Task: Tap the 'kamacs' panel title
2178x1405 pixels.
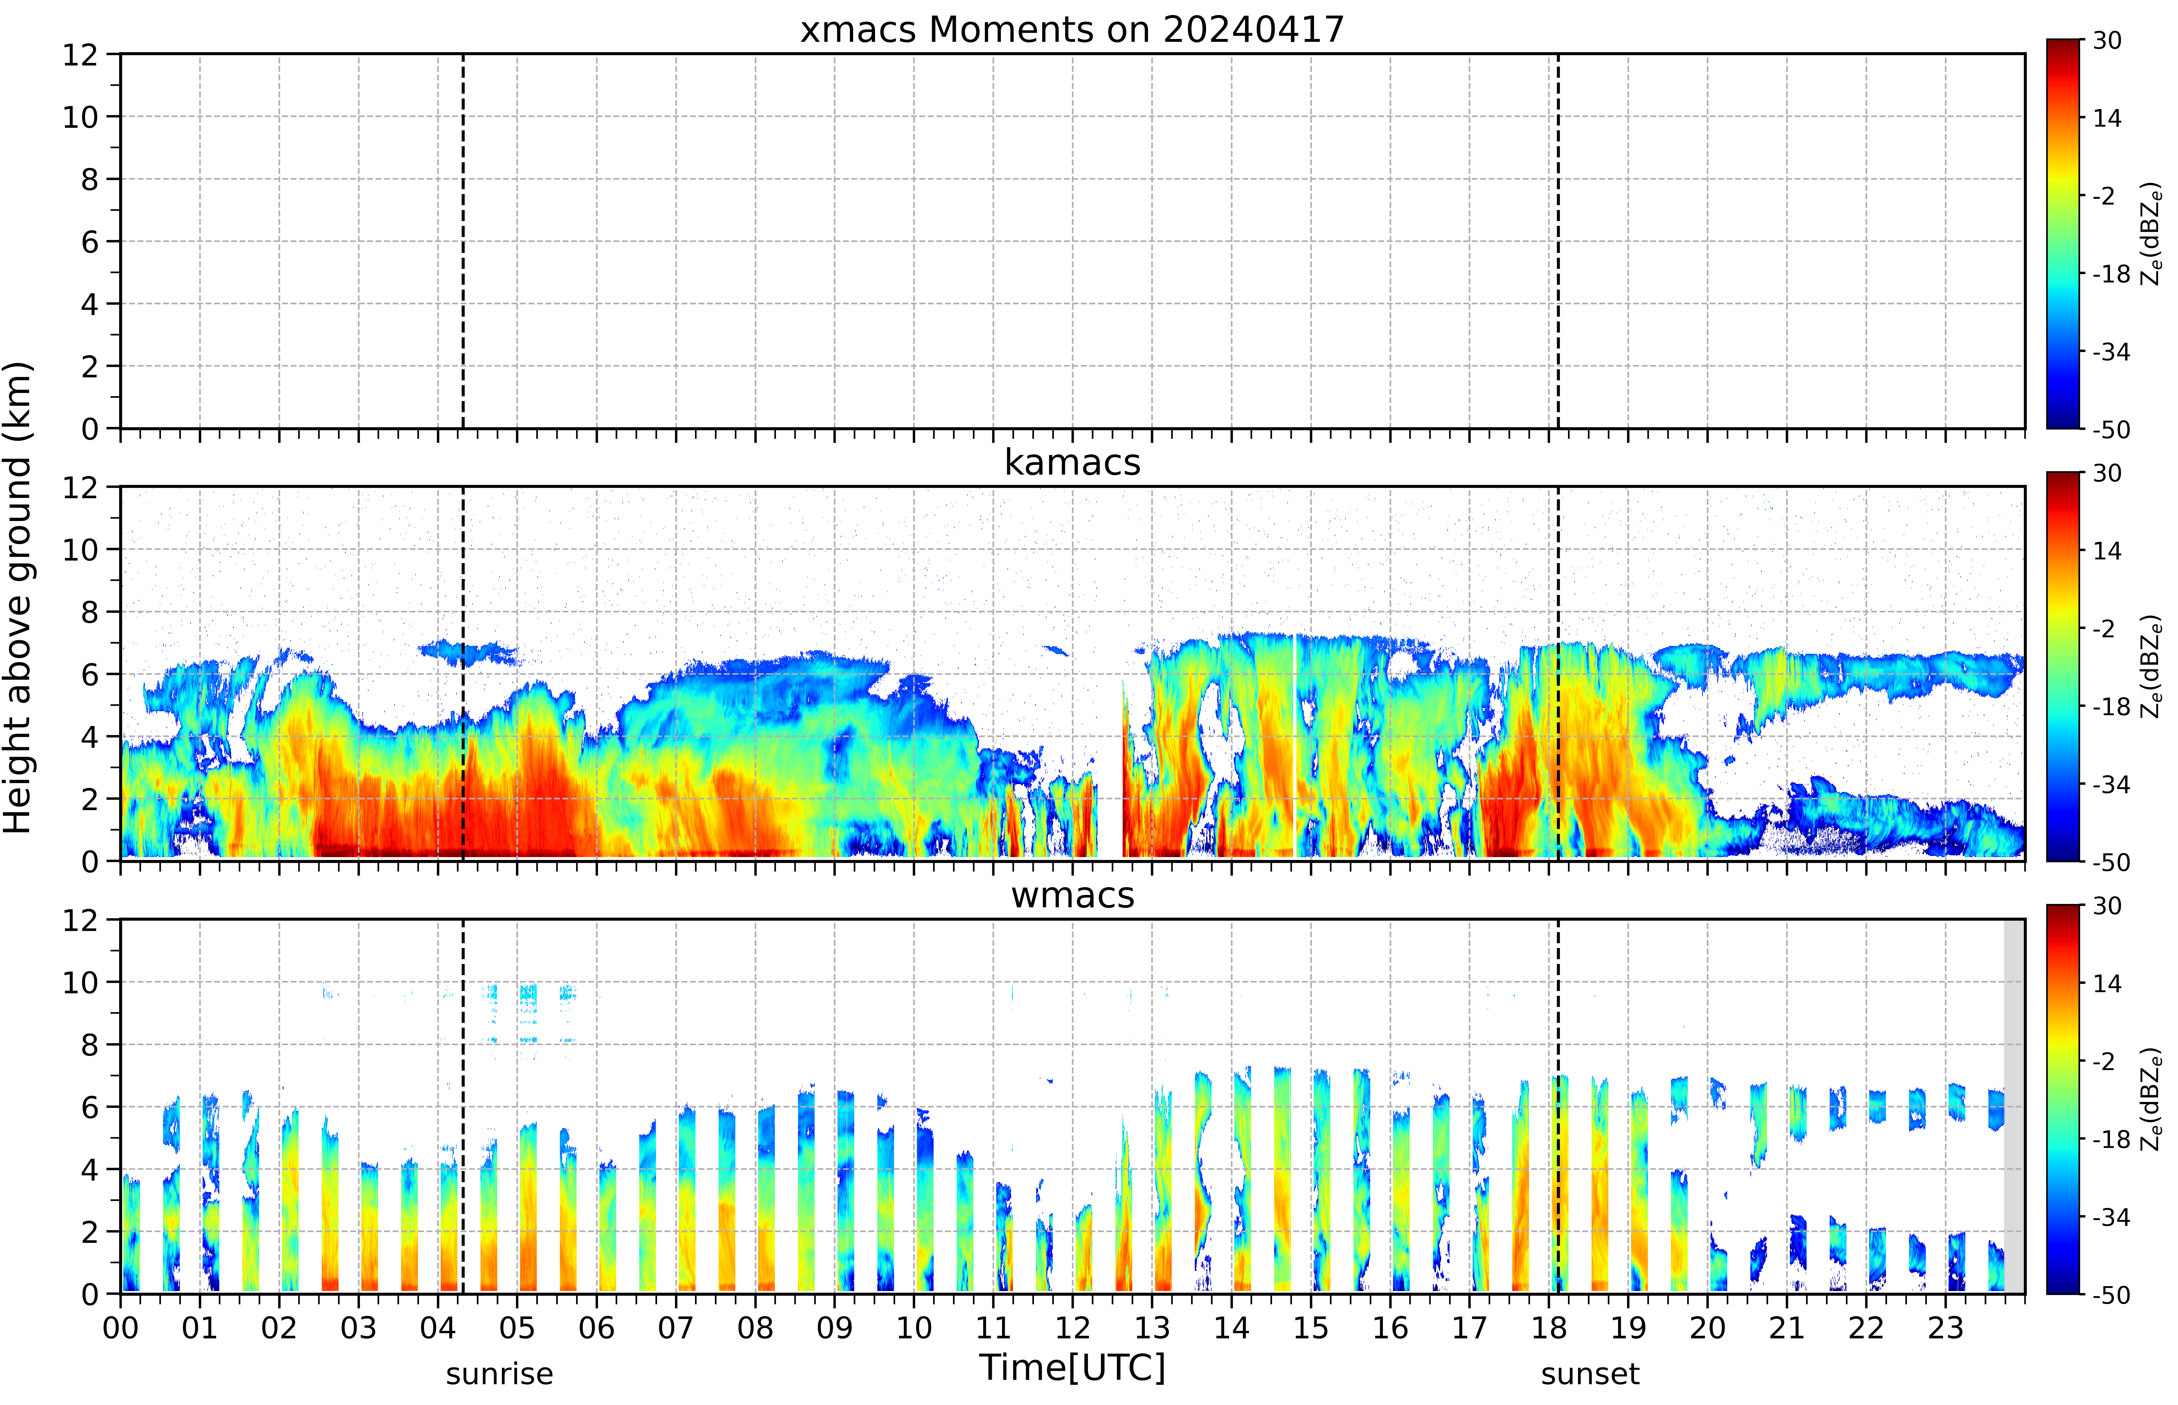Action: pyautogui.click(x=1072, y=462)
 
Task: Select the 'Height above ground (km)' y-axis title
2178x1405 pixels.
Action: pyautogui.click(x=18, y=597)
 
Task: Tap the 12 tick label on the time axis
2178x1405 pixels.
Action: pyautogui.click(x=1072, y=1327)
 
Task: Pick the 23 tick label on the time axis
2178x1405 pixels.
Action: pyautogui.click(x=1945, y=1327)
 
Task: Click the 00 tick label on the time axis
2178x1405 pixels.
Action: pyautogui.click(x=120, y=1327)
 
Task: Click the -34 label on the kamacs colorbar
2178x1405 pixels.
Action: pyautogui.click(x=2110, y=785)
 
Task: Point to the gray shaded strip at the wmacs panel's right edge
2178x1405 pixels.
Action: pyautogui.click(x=2014, y=1106)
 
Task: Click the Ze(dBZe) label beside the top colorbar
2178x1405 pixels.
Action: pyautogui.click(x=2151, y=234)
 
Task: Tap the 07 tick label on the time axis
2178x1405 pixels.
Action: pyautogui.click(x=676, y=1327)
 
